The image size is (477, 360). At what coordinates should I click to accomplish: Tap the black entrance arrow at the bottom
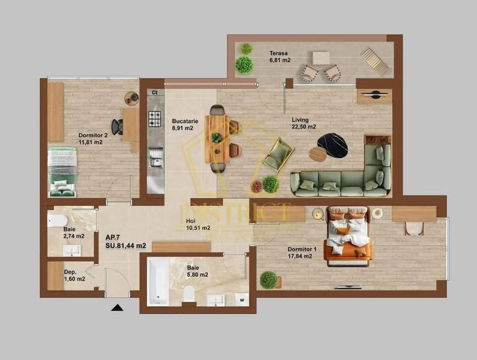[x=117, y=308]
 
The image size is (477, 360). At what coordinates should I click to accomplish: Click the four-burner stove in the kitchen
[x=155, y=118]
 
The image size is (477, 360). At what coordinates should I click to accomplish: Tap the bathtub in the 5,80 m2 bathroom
[x=157, y=281]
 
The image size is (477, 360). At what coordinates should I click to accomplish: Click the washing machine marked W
[x=242, y=298]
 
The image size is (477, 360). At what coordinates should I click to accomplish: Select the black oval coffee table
[x=332, y=145]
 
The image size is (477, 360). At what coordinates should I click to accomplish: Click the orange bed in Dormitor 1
[x=348, y=235]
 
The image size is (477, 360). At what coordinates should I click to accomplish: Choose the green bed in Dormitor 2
[x=62, y=171]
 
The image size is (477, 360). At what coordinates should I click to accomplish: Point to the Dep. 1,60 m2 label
[x=74, y=275]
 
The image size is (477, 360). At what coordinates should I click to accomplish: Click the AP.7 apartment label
[x=125, y=240]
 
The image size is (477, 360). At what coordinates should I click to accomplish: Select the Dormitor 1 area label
[x=300, y=253]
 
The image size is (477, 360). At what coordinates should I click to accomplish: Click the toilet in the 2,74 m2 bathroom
[x=58, y=221]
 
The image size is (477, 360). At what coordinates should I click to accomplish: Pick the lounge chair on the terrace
[x=374, y=61]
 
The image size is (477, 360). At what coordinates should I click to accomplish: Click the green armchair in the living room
[x=278, y=154]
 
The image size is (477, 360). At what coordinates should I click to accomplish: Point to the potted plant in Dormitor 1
[x=269, y=279]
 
